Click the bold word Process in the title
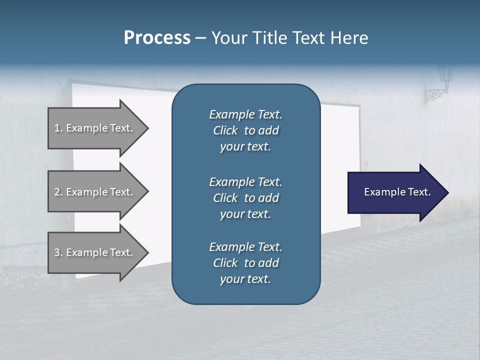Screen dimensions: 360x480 (x=157, y=38)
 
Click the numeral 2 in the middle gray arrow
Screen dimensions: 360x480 (x=57, y=192)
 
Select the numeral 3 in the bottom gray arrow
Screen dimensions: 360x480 (x=57, y=252)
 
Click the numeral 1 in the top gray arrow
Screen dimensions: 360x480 (x=57, y=128)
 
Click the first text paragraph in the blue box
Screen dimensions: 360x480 (x=245, y=130)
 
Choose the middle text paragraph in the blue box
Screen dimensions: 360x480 (x=245, y=198)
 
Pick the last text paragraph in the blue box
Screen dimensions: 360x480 (x=245, y=263)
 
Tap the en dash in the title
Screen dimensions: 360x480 (x=200, y=38)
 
